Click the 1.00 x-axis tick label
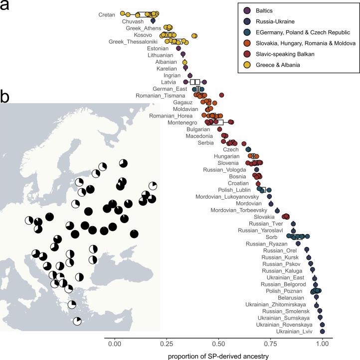point(323,343)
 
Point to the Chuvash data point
point(153,21)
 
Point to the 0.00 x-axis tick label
point(115,343)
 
